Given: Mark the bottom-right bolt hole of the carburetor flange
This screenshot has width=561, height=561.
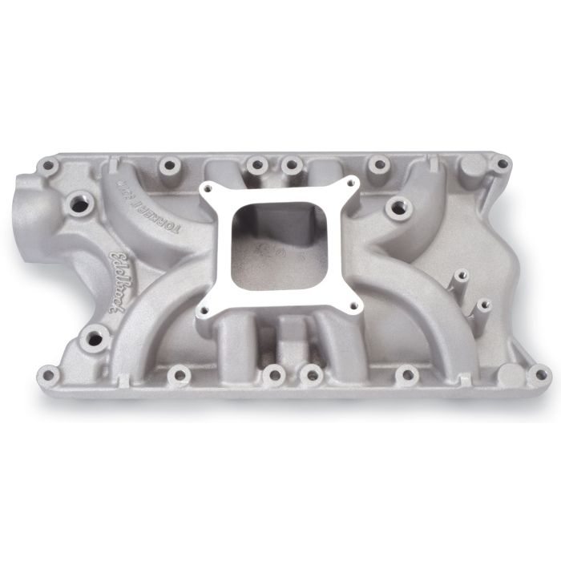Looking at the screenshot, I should [350, 305].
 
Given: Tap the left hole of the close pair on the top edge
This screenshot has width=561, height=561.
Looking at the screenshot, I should [257, 165].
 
